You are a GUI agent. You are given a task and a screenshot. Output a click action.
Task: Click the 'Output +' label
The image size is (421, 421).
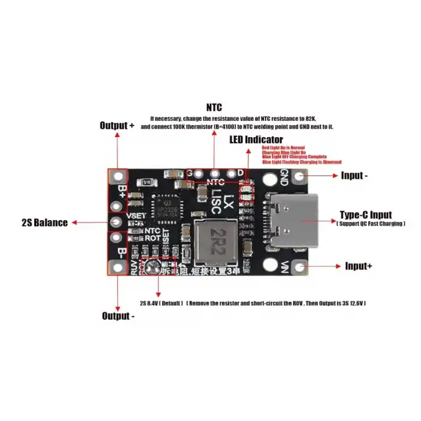pyautogui.click(x=117, y=126)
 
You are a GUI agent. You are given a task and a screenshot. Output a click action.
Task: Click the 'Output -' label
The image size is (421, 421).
pyautogui.click(x=118, y=316)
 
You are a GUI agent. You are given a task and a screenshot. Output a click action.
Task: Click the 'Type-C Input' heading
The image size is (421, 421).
pyautogui.click(x=366, y=215)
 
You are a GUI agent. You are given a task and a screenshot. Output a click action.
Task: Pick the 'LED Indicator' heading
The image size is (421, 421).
pyautogui.click(x=256, y=140)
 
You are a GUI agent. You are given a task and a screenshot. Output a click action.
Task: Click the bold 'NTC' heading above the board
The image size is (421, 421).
pyautogui.click(x=214, y=108)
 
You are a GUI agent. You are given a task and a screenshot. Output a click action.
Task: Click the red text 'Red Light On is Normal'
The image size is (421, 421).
pyautogui.click(x=283, y=147)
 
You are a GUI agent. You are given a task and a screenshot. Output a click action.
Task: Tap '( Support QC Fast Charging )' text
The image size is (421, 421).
pyautogui.click(x=370, y=224)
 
